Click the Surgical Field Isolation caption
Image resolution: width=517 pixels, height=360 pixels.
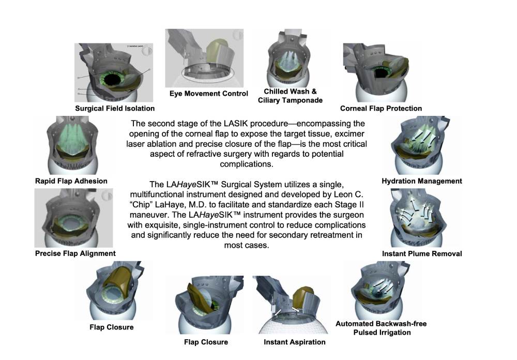click(115, 109)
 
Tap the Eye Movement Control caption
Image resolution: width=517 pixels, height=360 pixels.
click(209, 94)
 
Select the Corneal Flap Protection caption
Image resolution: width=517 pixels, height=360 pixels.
click(381, 109)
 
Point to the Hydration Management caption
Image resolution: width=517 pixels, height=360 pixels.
click(422, 181)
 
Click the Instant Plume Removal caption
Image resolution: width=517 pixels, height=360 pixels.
click(422, 254)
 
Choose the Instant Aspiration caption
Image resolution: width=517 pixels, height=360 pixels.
click(295, 342)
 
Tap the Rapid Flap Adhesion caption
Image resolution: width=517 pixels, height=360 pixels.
click(71, 181)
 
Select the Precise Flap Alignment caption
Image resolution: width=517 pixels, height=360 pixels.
click(75, 253)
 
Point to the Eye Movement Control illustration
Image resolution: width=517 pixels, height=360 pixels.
click(204, 58)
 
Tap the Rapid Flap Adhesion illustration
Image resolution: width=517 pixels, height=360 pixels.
click(72, 145)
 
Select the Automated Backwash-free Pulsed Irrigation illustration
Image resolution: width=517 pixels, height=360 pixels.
click(382, 290)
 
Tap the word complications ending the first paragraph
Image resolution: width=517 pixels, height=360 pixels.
click(246, 164)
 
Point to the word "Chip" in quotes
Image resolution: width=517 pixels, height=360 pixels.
click(141, 205)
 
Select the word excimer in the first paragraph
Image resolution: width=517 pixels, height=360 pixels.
click(349, 134)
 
